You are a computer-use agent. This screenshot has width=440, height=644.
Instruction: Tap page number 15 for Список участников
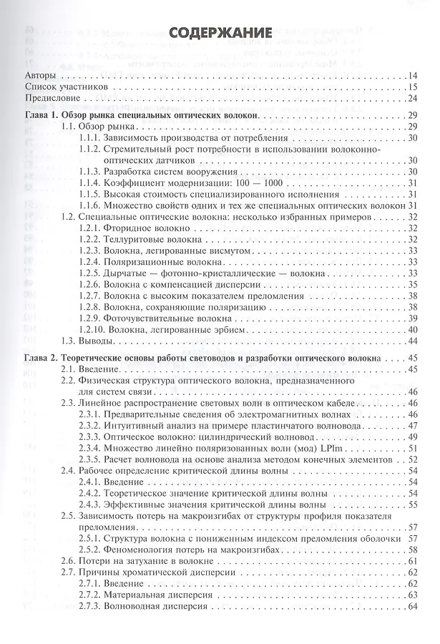tap(413, 87)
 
